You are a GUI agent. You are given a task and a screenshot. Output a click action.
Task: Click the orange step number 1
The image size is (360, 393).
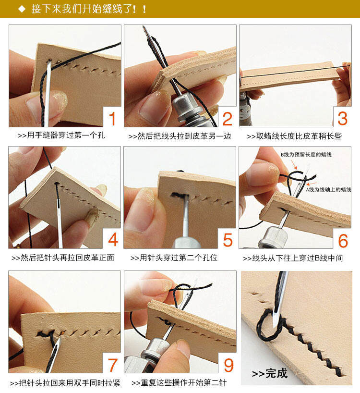point(112,118)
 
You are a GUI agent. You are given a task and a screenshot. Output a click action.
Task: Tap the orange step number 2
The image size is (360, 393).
point(228,118)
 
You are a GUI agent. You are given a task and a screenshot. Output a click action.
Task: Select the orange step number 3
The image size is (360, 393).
point(342,118)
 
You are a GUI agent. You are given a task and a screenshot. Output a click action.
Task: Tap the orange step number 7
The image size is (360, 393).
point(112,365)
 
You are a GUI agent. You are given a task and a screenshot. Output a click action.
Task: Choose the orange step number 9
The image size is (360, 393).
point(228,365)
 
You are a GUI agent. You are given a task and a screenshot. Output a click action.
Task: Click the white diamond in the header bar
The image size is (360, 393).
point(21,9)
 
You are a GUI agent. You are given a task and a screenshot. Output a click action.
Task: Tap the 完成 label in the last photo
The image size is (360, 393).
point(269,373)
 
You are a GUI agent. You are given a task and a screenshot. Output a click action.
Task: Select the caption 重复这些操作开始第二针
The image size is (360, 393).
point(178,382)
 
